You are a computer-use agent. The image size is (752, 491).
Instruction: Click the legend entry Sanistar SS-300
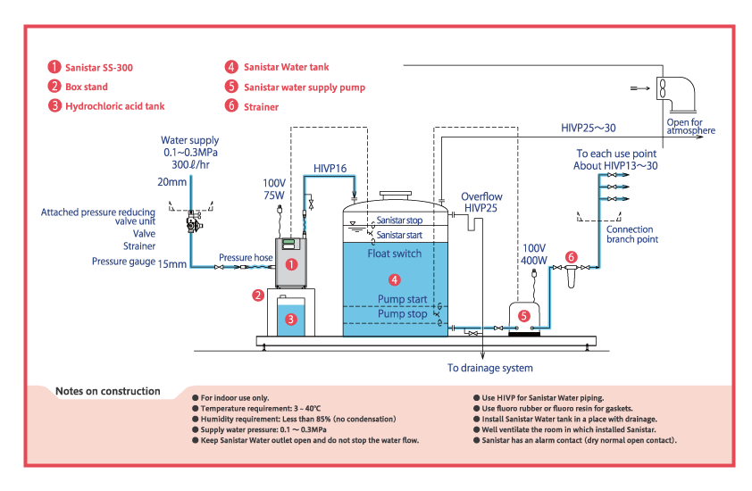coord(99,67)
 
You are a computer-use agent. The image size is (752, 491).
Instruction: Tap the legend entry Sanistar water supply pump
coord(304,87)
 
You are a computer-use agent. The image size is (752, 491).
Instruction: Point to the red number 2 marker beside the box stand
coord(257,295)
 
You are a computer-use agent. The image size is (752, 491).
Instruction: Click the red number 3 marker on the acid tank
coord(290,318)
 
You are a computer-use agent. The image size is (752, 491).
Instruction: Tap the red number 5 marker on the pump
coord(524,314)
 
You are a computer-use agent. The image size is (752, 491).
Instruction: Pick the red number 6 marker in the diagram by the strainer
coord(572,257)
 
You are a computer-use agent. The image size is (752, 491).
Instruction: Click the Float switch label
coord(394,254)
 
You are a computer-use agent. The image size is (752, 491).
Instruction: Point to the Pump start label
coord(402,299)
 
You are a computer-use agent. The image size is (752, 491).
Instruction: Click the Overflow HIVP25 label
coord(481,202)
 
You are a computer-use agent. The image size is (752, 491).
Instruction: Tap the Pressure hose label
coord(246,258)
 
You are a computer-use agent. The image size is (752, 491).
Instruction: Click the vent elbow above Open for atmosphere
coord(681,93)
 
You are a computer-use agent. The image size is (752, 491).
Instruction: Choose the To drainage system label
coord(489,368)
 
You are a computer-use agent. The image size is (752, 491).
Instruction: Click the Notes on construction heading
coord(108,391)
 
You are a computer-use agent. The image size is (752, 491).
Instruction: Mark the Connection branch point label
coord(630,235)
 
